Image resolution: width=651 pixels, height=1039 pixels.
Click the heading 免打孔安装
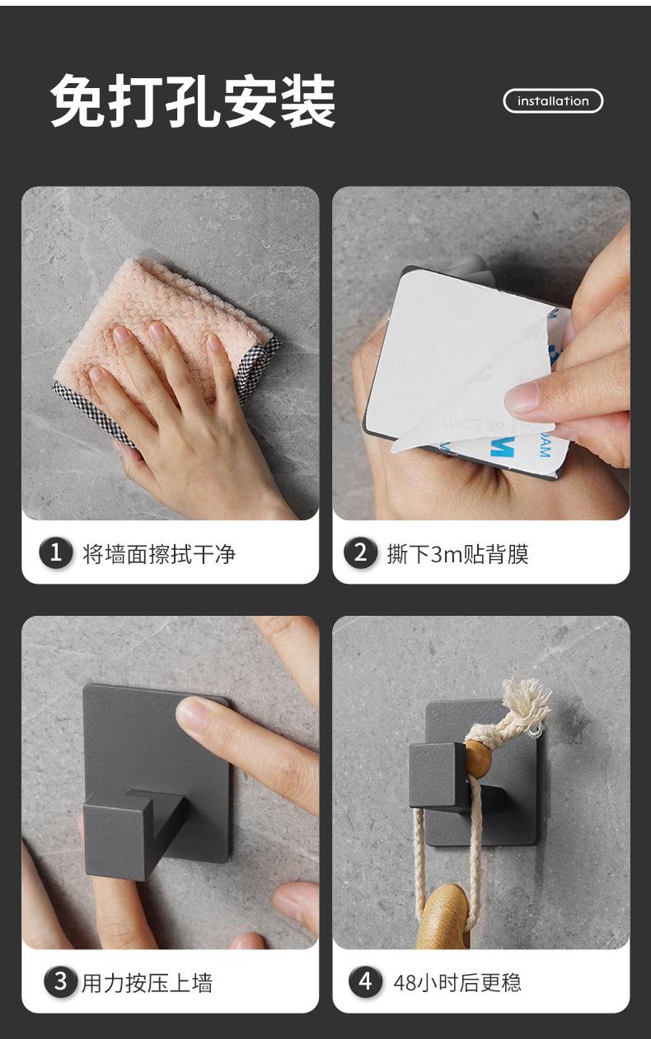tap(193, 101)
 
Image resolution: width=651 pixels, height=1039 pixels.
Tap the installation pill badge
tap(553, 101)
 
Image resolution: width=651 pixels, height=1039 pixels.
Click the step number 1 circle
tap(56, 552)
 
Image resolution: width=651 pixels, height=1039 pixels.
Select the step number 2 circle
tap(360, 552)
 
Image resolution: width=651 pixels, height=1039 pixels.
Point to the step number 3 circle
tap(60, 981)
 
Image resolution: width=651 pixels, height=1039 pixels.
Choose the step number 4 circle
tap(366, 981)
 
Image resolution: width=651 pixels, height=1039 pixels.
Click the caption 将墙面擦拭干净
tap(159, 554)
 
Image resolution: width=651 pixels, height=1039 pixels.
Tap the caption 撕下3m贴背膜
tap(458, 554)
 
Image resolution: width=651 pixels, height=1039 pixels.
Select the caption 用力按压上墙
tap(147, 982)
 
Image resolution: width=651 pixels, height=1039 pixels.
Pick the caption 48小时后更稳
tap(457, 982)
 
